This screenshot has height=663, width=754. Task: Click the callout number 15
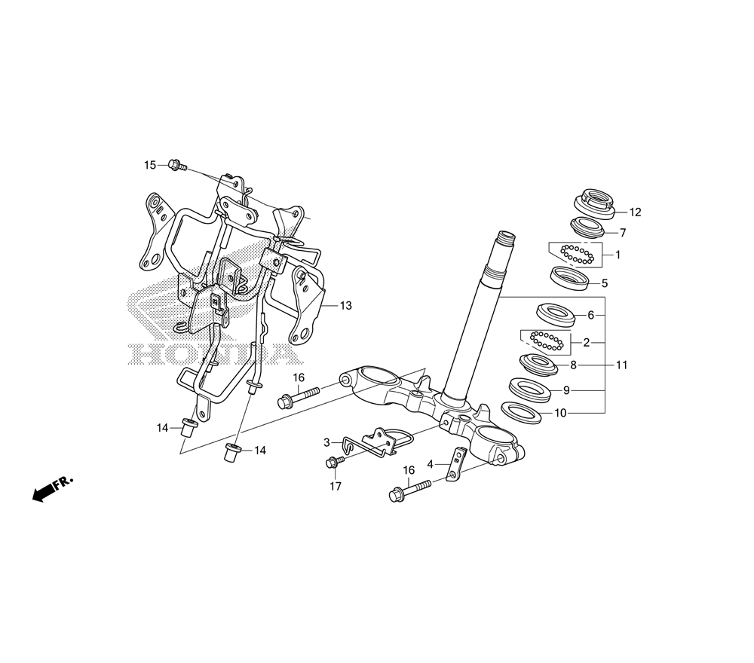click(x=150, y=165)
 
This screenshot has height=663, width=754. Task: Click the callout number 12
click(x=635, y=212)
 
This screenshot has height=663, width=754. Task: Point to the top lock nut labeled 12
click(x=596, y=201)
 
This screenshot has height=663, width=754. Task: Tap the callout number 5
click(x=604, y=284)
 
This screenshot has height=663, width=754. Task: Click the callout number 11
click(x=621, y=365)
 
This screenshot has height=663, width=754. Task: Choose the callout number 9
click(x=566, y=391)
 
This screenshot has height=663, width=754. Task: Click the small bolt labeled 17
click(x=332, y=462)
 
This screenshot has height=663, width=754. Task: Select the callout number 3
click(x=327, y=442)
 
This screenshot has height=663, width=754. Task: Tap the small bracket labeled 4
click(x=455, y=463)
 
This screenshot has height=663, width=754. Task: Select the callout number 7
click(x=623, y=233)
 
